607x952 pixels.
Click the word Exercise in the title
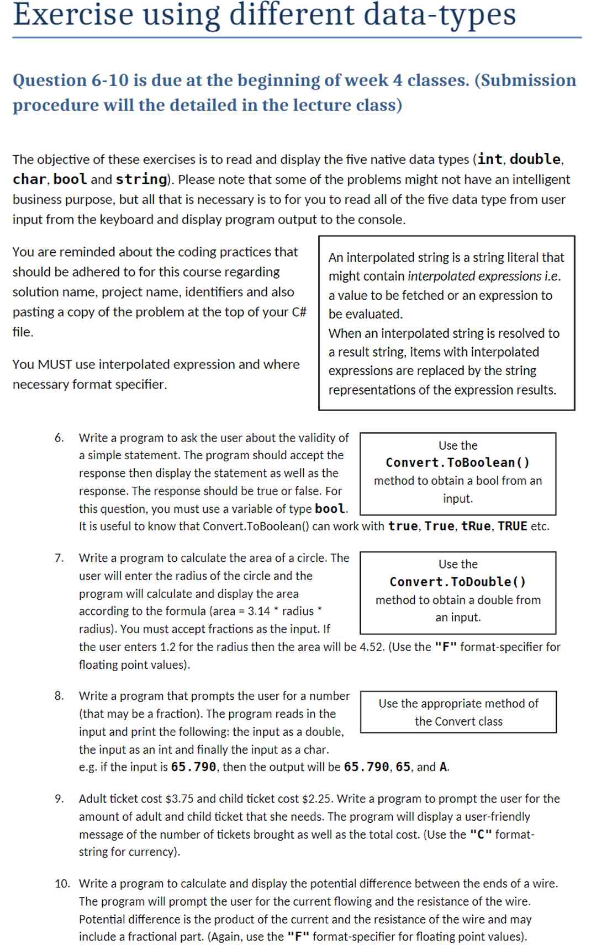click(73, 14)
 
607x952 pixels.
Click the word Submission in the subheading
click(527, 81)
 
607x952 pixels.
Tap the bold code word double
click(535, 159)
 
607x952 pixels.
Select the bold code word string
click(141, 179)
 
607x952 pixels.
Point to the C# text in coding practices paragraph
click(299, 312)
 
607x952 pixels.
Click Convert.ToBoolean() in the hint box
click(457, 462)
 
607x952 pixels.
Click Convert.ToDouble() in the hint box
click(457, 582)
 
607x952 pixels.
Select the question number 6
click(59, 438)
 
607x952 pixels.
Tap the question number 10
click(62, 884)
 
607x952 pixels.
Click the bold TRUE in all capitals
click(512, 526)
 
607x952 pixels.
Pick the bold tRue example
click(476, 526)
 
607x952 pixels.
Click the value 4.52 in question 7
click(371, 647)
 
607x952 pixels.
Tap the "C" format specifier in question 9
click(481, 835)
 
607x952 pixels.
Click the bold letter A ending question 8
click(443, 767)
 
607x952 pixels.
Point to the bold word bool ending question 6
click(329, 509)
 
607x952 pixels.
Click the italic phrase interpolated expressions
click(474, 276)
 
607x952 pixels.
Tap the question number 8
click(59, 696)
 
